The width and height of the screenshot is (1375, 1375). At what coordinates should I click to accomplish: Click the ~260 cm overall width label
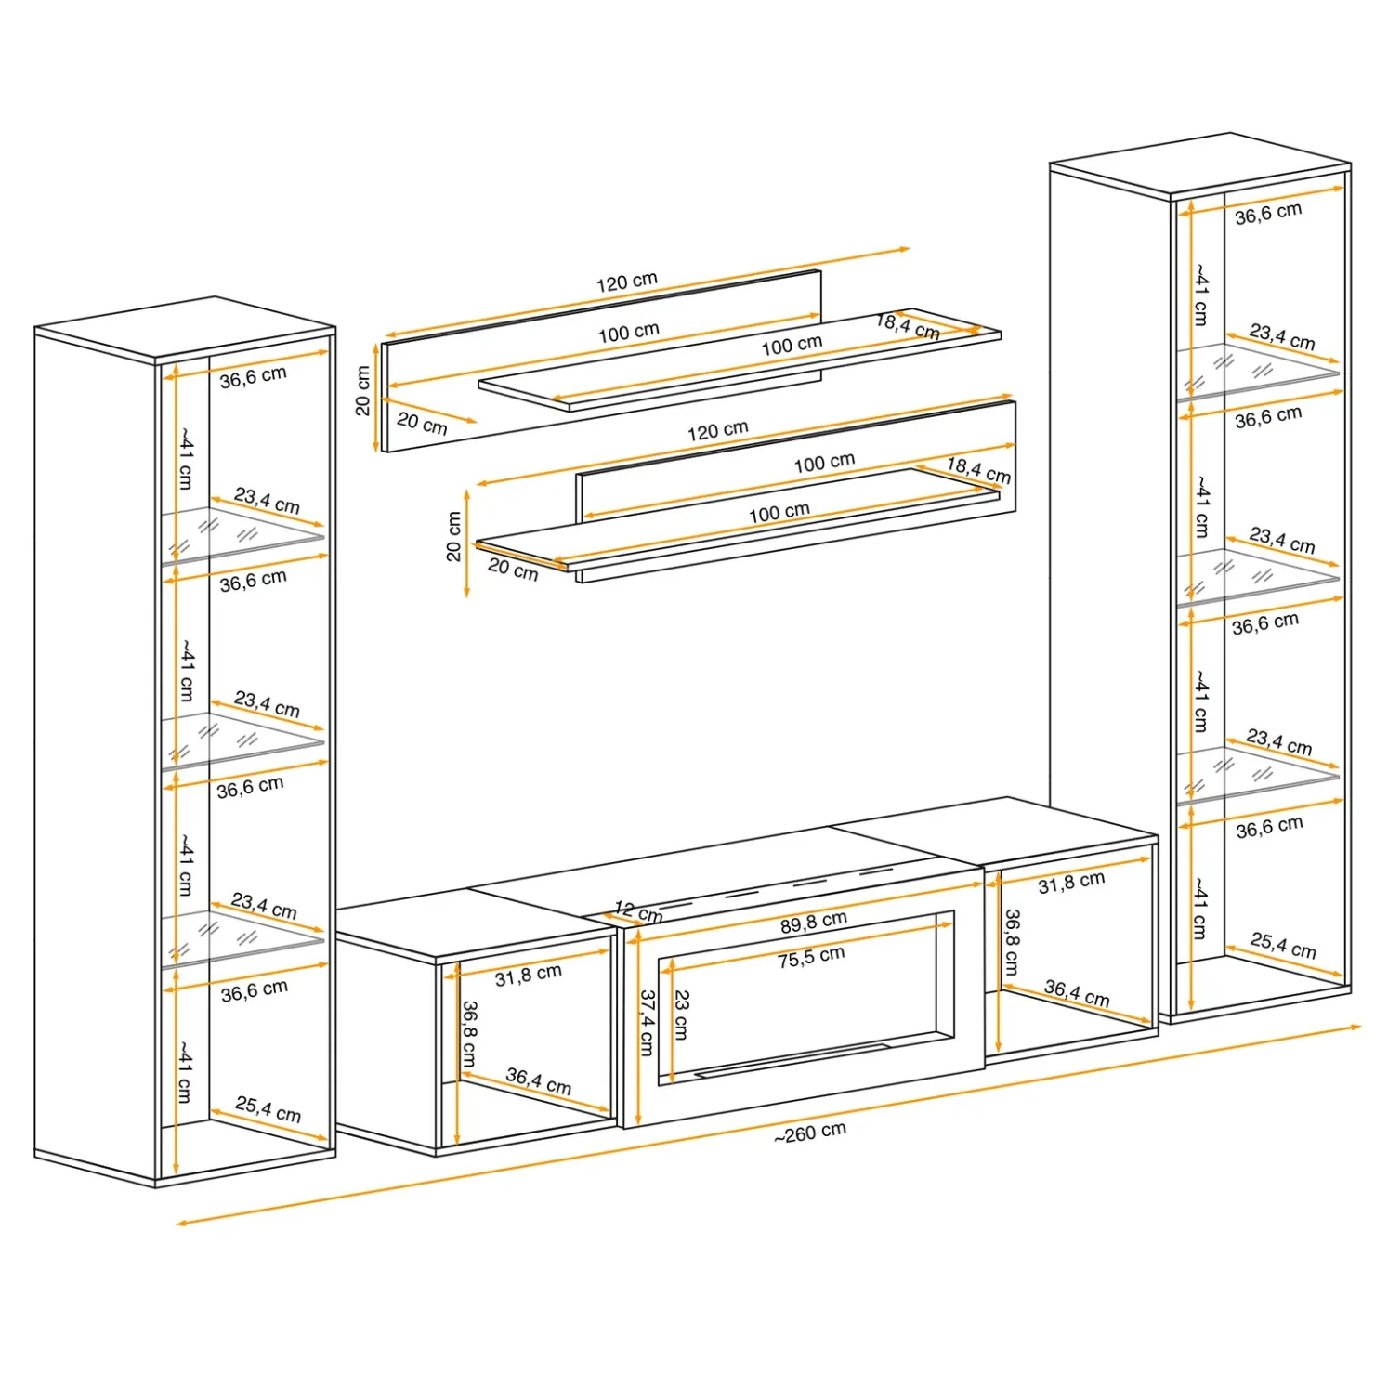(810, 1133)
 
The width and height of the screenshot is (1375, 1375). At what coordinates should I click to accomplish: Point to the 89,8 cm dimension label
(814, 922)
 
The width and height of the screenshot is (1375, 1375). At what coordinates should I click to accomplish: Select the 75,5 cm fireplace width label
(811, 957)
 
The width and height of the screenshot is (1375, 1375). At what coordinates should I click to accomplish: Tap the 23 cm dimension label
(681, 1015)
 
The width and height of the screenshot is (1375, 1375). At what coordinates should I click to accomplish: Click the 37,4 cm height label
(647, 1022)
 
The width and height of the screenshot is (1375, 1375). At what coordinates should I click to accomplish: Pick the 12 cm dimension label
(638, 912)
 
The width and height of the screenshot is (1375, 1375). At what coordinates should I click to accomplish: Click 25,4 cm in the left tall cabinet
(268, 1108)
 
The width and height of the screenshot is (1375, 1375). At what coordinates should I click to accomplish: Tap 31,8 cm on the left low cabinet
(528, 975)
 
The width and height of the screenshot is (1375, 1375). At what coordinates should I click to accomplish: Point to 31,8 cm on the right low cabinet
(1071, 882)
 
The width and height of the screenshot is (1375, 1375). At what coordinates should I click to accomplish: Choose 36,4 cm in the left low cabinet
(539, 1080)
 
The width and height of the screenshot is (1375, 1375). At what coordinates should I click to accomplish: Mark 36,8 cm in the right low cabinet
(1012, 941)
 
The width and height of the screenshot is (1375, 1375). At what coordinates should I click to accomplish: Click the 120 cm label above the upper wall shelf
(627, 281)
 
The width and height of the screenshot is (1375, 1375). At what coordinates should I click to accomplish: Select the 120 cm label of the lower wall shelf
(717, 431)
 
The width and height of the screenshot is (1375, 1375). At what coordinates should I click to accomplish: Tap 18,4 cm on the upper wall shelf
(909, 326)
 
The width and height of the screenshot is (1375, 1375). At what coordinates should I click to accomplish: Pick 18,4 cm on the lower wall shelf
(978, 470)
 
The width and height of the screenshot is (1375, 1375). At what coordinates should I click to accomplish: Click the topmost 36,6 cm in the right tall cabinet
(1268, 214)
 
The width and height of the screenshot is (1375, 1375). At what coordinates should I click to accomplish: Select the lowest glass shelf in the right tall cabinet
(1258, 774)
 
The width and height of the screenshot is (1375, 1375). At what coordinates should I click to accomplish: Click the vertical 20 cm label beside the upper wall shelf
(362, 390)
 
